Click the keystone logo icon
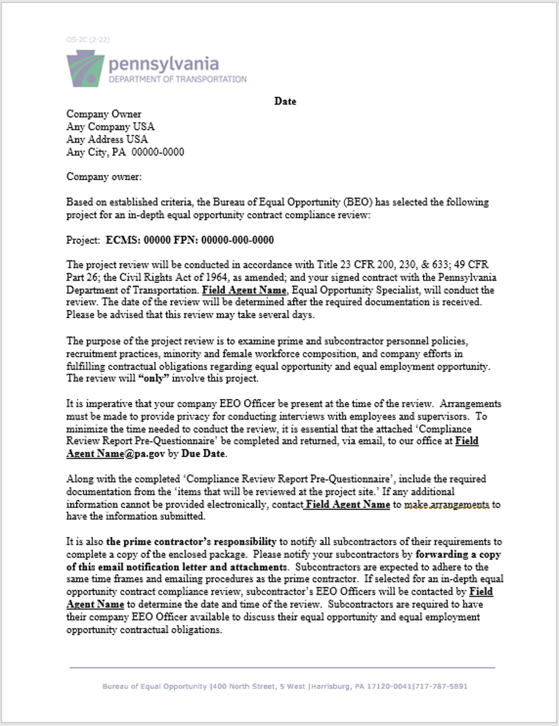(85, 69)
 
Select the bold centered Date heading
(285, 101)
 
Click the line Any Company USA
(111, 127)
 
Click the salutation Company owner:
(104, 177)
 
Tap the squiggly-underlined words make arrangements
(447, 504)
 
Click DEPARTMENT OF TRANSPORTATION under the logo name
(178, 79)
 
